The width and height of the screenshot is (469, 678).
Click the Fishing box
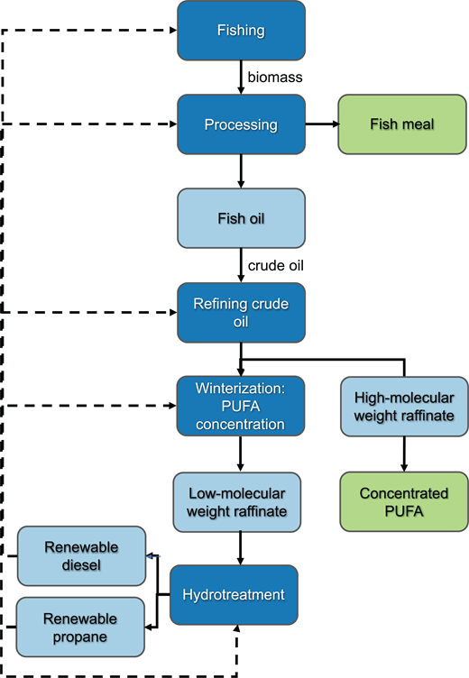241,31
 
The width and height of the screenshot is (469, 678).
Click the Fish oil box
241,217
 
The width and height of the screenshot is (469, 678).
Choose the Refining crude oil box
241,313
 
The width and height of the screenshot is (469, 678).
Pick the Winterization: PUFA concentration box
241,406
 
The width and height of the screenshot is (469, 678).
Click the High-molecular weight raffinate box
404,406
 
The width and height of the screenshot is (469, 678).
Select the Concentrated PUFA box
404,502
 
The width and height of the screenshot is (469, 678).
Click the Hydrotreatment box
234,595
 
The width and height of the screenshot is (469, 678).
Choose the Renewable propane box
81,626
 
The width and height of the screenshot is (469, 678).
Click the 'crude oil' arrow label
279,266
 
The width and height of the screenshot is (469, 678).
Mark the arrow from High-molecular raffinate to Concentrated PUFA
404,454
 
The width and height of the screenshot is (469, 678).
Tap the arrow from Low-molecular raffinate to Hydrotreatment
241,548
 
